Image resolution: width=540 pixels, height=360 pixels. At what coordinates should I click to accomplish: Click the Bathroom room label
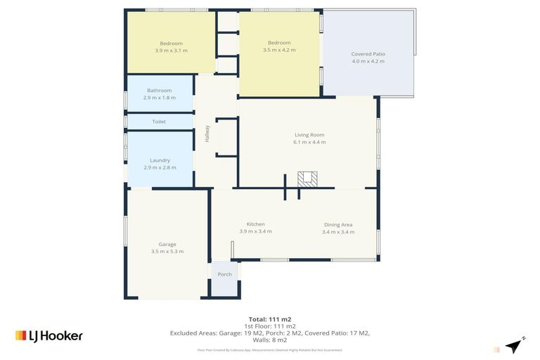pos(159,90)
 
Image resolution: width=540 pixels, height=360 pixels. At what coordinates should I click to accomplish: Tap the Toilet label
pos(159,122)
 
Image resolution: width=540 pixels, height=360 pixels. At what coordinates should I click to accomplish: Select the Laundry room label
pos(160,160)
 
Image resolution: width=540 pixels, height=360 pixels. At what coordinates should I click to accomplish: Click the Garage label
pos(167,244)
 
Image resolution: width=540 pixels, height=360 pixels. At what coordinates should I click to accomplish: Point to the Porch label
pos(224,274)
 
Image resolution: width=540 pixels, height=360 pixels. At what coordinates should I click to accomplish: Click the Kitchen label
pos(255,224)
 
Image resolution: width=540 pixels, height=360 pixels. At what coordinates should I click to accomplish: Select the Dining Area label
pos(338,225)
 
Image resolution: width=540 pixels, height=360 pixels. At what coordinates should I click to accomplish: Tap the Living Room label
pos(309,134)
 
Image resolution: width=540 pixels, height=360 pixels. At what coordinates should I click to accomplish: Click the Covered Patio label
pos(368,54)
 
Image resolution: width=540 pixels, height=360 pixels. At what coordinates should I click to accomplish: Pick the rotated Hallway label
pos(207,134)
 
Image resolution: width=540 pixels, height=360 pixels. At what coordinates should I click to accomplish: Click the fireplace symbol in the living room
pos(307,179)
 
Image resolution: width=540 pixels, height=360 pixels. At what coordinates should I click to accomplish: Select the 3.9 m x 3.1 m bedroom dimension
pos(171,51)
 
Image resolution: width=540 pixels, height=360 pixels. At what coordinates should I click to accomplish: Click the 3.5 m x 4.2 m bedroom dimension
pos(279,51)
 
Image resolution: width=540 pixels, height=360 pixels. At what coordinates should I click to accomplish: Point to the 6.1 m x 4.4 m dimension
pos(309,142)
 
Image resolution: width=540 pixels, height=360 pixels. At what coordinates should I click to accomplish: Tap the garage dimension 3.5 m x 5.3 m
pos(167,251)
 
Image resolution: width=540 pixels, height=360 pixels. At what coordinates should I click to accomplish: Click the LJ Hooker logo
pos(49,335)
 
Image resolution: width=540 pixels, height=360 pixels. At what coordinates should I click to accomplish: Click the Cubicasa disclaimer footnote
pos(269,349)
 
